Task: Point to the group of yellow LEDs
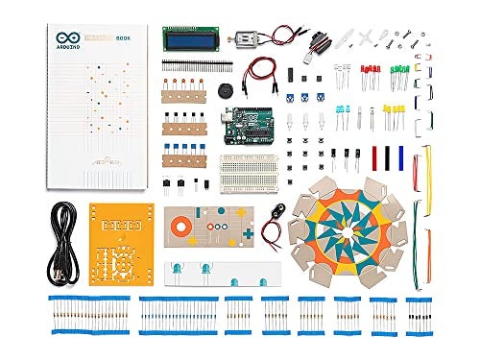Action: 394,114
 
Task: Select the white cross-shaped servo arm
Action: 366,36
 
